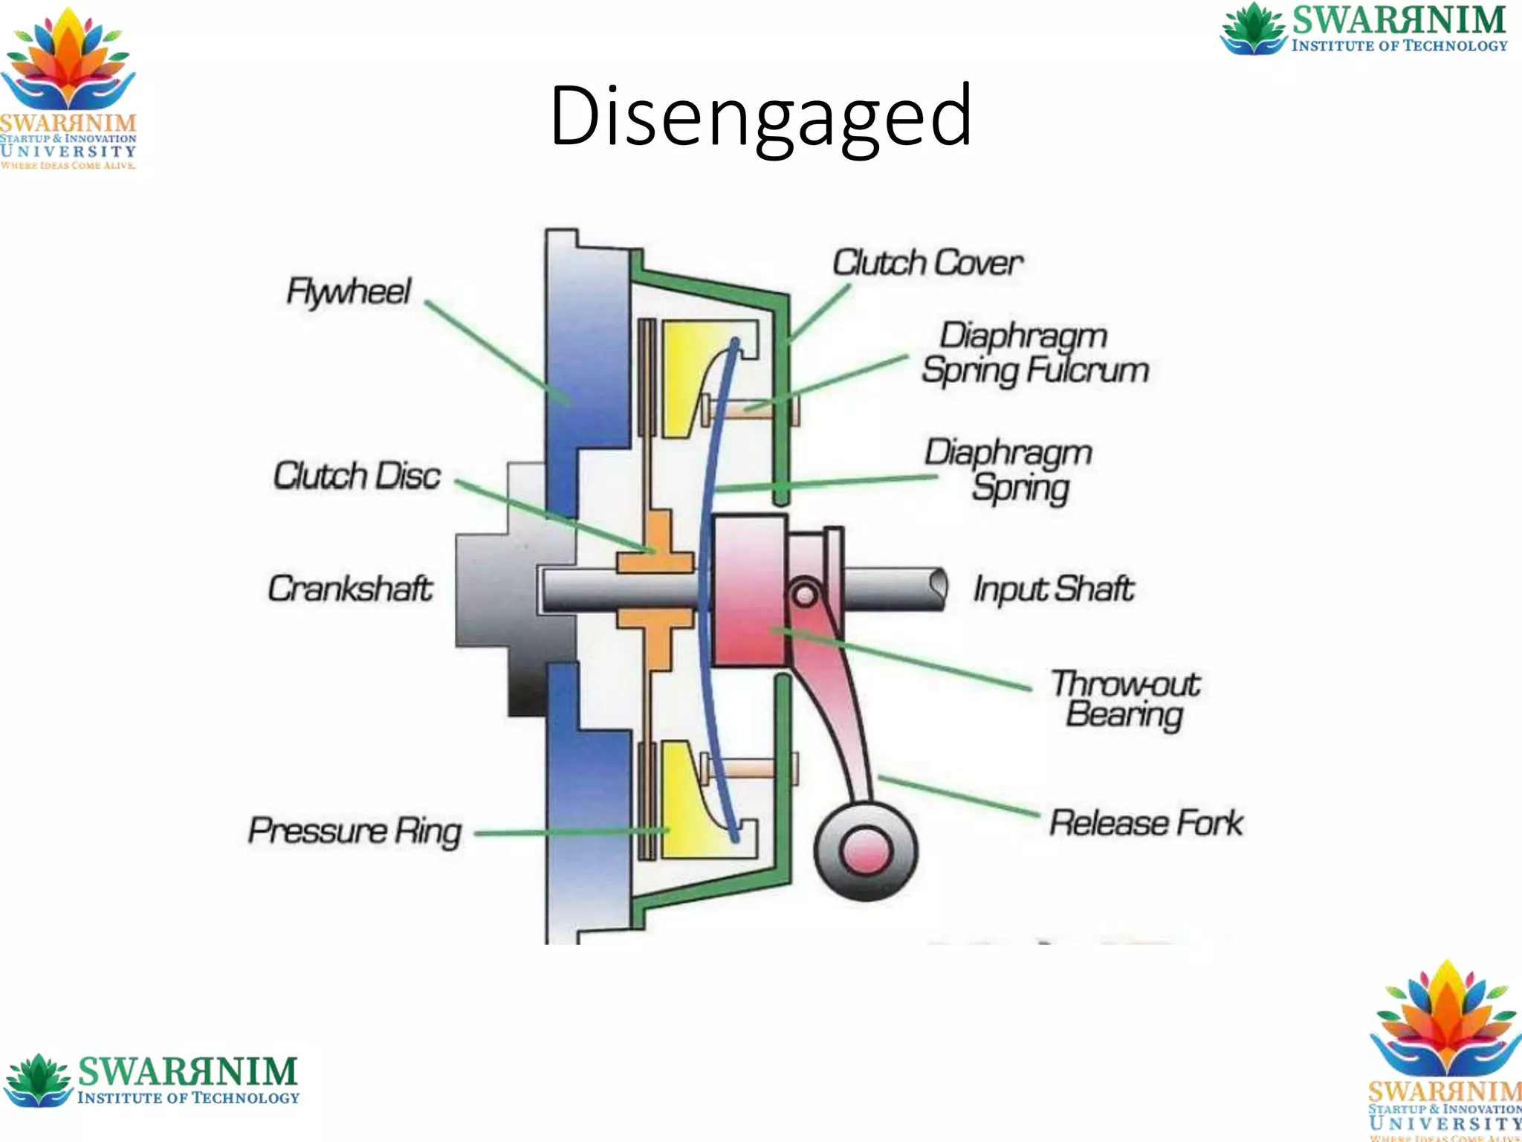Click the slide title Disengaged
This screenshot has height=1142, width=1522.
[760, 117]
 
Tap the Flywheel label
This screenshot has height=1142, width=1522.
[349, 291]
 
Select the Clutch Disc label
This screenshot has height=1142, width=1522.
[357, 476]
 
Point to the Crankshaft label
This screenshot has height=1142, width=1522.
[350, 589]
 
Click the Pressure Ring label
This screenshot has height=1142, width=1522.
[354, 830]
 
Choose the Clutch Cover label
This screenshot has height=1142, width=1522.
[927, 262]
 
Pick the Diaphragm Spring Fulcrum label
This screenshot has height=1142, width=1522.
[1034, 353]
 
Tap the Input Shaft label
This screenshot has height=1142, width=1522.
[1054, 589]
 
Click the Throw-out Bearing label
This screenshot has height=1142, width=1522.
[1124, 699]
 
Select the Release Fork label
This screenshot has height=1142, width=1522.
[1145, 823]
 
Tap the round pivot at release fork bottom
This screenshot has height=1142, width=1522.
[866, 851]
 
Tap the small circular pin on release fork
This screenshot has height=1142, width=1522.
[804, 594]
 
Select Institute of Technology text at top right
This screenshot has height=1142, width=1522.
[1399, 46]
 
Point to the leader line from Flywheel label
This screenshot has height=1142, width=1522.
[498, 353]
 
